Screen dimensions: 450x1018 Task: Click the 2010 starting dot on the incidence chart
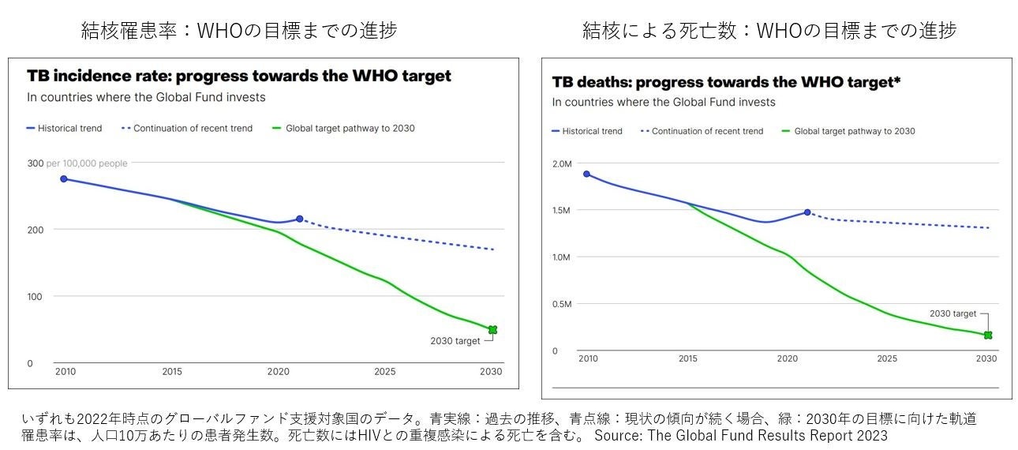(x=64, y=179)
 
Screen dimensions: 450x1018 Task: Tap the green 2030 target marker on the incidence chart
(x=492, y=329)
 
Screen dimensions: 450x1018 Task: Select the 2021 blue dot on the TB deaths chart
(x=807, y=212)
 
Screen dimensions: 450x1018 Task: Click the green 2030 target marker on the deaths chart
(x=987, y=336)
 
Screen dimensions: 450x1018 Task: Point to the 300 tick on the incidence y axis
(x=36, y=163)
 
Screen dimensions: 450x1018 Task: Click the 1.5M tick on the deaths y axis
(x=562, y=210)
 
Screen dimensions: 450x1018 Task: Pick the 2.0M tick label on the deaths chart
(x=562, y=164)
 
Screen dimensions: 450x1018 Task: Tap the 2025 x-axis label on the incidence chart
(x=385, y=372)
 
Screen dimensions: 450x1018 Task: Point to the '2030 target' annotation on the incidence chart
(x=455, y=341)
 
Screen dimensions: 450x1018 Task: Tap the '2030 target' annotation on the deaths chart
(x=953, y=313)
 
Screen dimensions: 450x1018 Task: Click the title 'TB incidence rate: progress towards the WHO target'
(x=239, y=77)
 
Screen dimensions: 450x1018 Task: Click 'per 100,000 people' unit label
(x=87, y=163)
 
